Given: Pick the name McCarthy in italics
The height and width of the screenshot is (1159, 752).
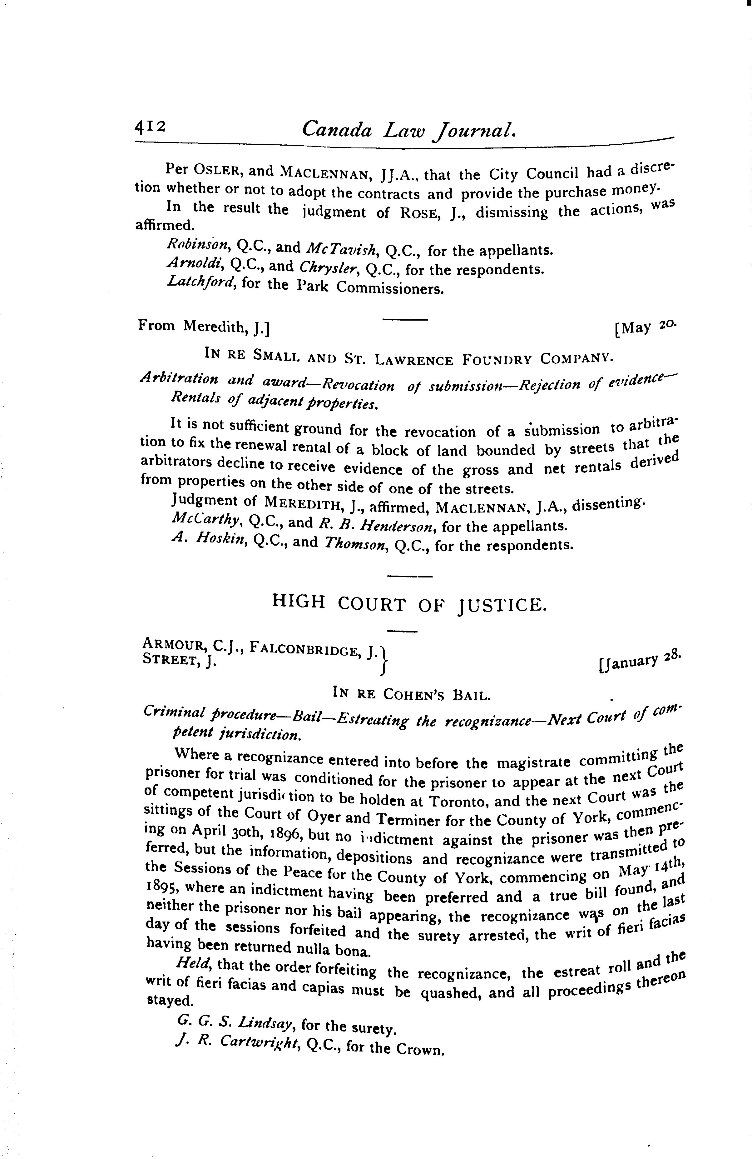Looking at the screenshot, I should tap(207, 521).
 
